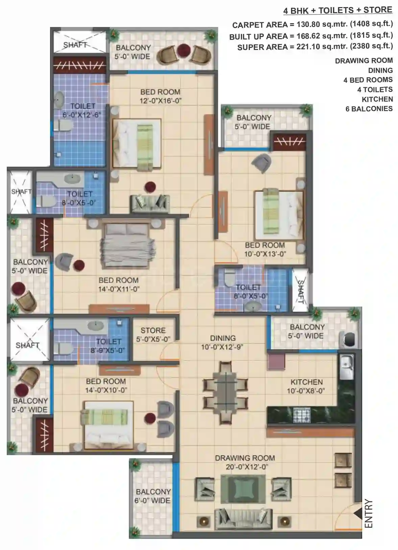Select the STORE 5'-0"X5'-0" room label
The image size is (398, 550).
click(153, 335)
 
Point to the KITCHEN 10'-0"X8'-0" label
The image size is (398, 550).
click(306, 386)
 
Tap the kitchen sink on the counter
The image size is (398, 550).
click(347, 367)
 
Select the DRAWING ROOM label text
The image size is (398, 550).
click(245, 458)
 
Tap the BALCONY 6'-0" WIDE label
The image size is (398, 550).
click(153, 496)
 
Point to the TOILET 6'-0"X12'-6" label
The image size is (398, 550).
click(82, 110)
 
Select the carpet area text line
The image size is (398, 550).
click(312, 24)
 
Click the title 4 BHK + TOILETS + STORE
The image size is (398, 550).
click(338, 10)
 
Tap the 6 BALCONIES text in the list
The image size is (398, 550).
click(369, 109)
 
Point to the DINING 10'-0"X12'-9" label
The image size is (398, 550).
click(223, 342)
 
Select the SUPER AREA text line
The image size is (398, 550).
click(315, 47)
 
